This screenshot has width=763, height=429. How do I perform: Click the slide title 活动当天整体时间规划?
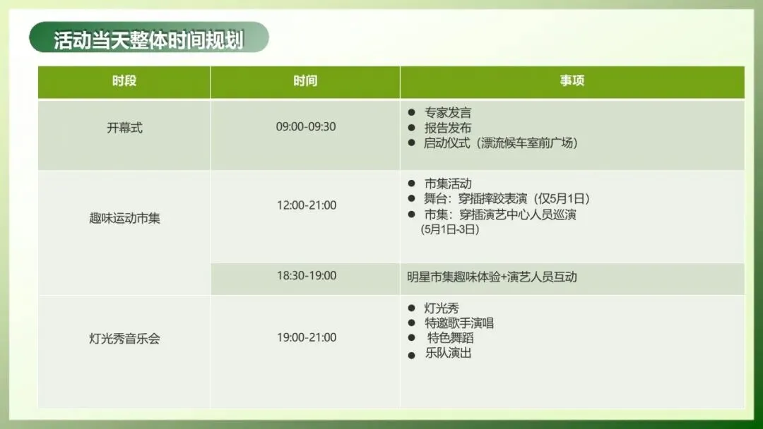(x=148, y=40)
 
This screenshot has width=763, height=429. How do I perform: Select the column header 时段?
(x=124, y=81)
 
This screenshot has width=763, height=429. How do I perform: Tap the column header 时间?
(x=305, y=81)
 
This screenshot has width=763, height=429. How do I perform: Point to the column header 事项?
(x=572, y=81)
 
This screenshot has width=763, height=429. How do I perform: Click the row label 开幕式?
(x=124, y=128)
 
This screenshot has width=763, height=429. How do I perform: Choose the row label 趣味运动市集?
(x=124, y=218)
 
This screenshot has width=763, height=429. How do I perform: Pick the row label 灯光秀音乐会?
(x=124, y=338)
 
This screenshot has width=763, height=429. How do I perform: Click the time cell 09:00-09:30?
(x=305, y=127)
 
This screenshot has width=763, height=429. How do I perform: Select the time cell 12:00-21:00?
(x=306, y=205)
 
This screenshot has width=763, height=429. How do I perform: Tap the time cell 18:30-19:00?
(x=306, y=275)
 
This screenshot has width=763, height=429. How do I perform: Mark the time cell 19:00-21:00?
(x=306, y=337)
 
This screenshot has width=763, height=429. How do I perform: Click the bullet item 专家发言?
(x=447, y=113)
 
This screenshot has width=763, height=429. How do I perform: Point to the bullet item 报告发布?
(x=447, y=128)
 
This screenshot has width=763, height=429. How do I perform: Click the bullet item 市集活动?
(x=447, y=184)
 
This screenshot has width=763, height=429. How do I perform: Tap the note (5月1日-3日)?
(x=449, y=230)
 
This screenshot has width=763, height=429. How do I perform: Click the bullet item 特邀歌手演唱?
(x=459, y=323)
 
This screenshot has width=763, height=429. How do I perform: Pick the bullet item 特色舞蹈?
(x=450, y=338)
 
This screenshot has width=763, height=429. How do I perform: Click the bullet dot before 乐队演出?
(x=411, y=354)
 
